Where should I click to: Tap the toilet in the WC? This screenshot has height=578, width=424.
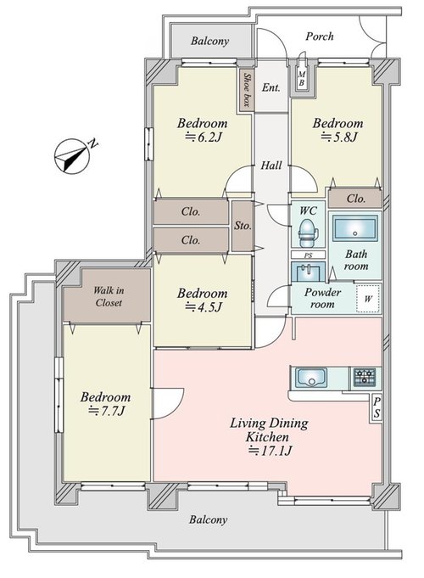308,233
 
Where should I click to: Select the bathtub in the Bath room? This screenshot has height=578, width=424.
354,229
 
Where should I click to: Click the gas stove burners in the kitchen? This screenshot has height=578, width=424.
365,377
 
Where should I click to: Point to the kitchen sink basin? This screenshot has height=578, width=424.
312,377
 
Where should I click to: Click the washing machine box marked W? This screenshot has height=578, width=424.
368,299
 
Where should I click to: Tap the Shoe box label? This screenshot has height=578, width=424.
247,90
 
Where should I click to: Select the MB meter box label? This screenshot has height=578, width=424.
301,78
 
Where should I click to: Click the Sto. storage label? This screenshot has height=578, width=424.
243,226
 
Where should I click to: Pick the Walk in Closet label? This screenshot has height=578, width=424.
109,296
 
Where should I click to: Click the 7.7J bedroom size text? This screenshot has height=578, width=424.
107,411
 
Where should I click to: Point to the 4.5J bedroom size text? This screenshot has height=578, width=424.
204,306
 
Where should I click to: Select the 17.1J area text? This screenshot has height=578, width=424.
271,451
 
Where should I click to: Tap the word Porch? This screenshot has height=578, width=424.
320,36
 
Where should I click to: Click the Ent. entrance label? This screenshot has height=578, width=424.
271,87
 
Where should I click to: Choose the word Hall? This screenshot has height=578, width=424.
271,166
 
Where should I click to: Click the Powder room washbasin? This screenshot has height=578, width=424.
308,272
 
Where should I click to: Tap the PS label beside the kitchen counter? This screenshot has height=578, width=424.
377,407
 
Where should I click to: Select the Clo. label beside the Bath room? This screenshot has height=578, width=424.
356,199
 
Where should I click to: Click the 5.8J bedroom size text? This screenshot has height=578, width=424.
339,137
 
